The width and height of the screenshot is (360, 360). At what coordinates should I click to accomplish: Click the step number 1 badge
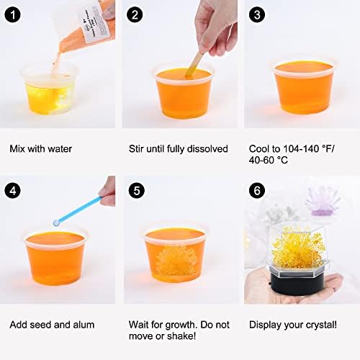(12, 14)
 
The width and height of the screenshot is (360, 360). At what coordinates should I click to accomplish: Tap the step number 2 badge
(135, 14)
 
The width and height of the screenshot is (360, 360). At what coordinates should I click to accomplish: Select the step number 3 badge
(257, 14)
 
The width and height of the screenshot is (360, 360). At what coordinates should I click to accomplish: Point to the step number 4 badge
(12, 191)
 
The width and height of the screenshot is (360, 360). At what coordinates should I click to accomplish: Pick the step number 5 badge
(137, 191)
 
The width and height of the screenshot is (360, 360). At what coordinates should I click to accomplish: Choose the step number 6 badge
(257, 191)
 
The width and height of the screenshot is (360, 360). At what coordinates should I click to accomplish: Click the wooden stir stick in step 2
(195, 63)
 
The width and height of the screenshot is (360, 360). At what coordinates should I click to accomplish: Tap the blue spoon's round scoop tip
(57, 222)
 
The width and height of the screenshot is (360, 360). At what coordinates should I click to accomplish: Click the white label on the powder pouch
(96, 23)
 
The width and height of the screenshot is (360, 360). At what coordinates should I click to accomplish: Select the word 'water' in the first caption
(60, 149)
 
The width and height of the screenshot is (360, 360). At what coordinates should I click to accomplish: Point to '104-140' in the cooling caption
(301, 149)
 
